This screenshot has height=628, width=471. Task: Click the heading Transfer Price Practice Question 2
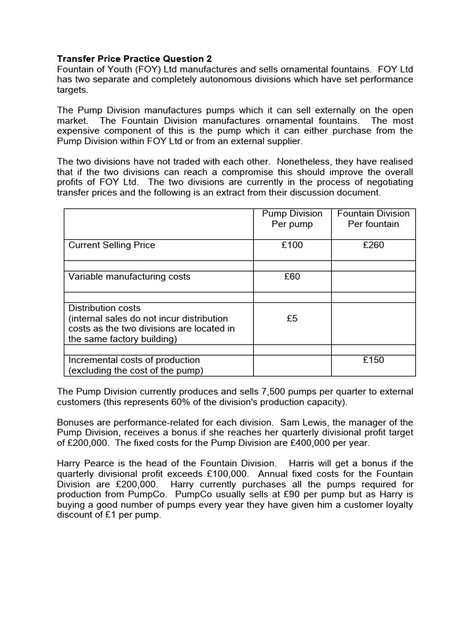[x=134, y=59]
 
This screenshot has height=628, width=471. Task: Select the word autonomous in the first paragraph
[x=238, y=80]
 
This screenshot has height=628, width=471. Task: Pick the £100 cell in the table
[x=292, y=245]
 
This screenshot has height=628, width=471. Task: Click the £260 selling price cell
[x=373, y=245]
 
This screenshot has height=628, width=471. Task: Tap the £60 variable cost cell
[x=292, y=277]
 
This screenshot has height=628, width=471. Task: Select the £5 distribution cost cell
[x=292, y=319]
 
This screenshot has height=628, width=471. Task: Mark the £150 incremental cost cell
[x=373, y=360]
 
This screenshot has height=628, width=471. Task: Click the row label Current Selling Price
[x=112, y=245]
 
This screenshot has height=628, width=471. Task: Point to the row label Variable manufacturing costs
[x=129, y=277]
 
